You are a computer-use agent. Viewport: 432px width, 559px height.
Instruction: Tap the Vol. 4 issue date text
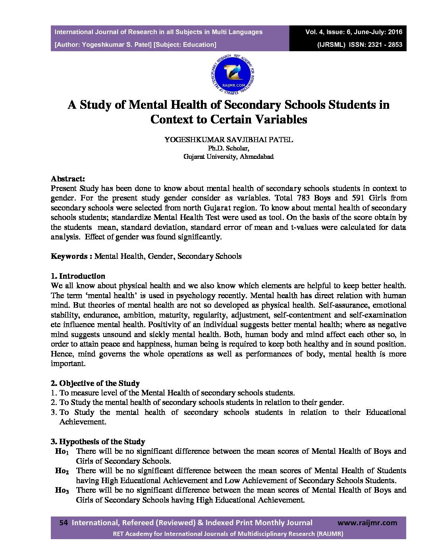[x=353, y=32]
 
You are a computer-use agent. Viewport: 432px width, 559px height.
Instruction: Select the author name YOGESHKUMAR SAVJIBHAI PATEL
[x=229, y=140]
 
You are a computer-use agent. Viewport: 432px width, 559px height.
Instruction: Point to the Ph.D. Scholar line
[x=228, y=148]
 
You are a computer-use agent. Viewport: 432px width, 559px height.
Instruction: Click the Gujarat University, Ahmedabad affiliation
[x=228, y=157]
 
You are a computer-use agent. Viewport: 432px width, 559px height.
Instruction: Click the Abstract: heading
[x=68, y=179]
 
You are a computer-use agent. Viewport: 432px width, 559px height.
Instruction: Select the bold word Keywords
[x=69, y=256]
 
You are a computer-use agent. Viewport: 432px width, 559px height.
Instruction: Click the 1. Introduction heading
[x=78, y=276]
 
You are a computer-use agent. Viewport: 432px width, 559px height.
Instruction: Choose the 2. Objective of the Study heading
[x=95, y=384]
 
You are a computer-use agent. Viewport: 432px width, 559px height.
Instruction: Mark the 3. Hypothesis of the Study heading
[x=98, y=442]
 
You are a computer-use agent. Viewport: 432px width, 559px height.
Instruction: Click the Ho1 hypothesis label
[x=62, y=452]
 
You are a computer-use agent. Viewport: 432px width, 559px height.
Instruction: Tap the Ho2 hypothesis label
[x=62, y=471]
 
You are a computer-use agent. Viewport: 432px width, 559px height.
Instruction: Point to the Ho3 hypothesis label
[x=62, y=491]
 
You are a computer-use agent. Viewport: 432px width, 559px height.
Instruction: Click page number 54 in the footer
[x=64, y=523]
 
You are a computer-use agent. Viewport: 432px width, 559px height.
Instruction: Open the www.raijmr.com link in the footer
[x=367, y=523]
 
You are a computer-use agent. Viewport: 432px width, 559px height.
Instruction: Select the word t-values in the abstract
[x=308, y=227]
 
